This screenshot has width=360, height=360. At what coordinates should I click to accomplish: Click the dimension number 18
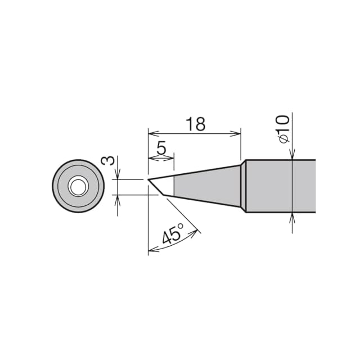point(195,124)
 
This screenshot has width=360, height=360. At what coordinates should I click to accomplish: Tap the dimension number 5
point(161,148)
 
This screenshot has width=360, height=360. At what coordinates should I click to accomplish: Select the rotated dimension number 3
point(107,160)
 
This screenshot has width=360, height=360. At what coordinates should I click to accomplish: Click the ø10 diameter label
point(284,129)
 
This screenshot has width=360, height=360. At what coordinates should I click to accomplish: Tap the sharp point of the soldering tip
point(147,179)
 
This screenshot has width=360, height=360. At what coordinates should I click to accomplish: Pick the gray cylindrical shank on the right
point(281,186)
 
